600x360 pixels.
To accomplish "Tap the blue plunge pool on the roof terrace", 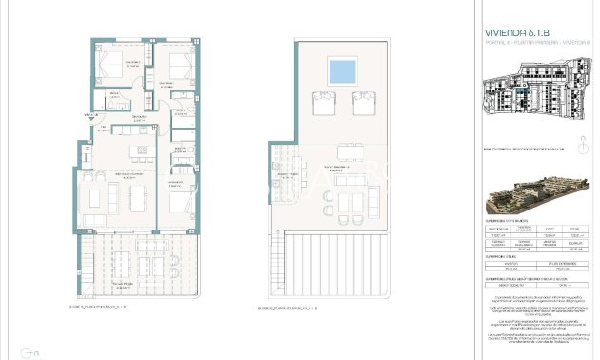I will point(338,70).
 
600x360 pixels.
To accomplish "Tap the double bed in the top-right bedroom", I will point(178,68).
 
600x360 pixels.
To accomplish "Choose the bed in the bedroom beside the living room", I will point(177,203).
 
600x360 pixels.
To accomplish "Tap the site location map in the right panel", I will point(535,94).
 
